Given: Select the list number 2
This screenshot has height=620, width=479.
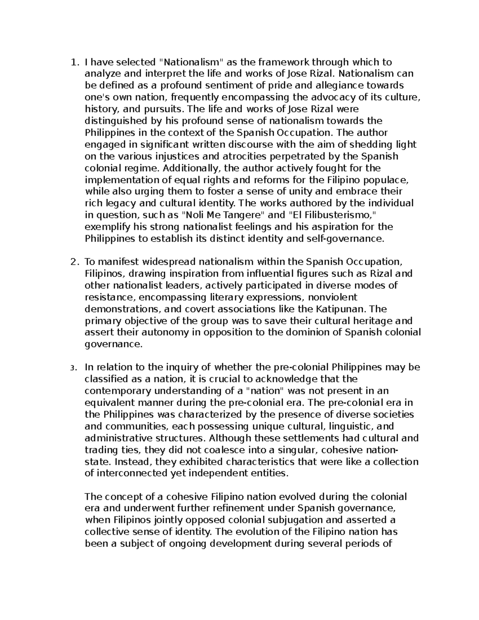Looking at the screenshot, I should click(73, 262).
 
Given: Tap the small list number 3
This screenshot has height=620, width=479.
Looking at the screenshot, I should click(73, 368).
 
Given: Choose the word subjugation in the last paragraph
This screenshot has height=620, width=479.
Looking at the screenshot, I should click(299, 521).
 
